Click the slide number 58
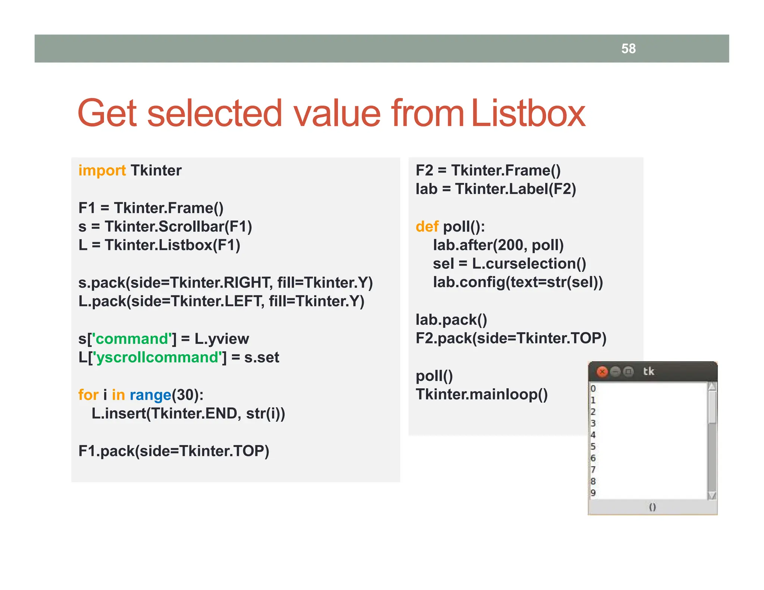click(628, 48)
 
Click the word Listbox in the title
click(528, 113)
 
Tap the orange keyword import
click(102, 170)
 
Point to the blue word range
click(150, 395)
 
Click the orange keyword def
click(427, 226)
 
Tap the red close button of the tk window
click(602, 371)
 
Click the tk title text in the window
click(648, 371)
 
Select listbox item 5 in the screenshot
click(593, 446)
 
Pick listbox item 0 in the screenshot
click(593, 389)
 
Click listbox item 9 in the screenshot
click(593, 493)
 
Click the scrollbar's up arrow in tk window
click(712, 387)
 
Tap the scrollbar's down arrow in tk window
click(712, 495)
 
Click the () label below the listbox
click(652, 507)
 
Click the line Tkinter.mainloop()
click(482, 394)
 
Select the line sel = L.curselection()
click(509, 264)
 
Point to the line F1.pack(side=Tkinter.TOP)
click(173, 451)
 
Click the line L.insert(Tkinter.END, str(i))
click(188, 413)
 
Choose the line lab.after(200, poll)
click(498, 245)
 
